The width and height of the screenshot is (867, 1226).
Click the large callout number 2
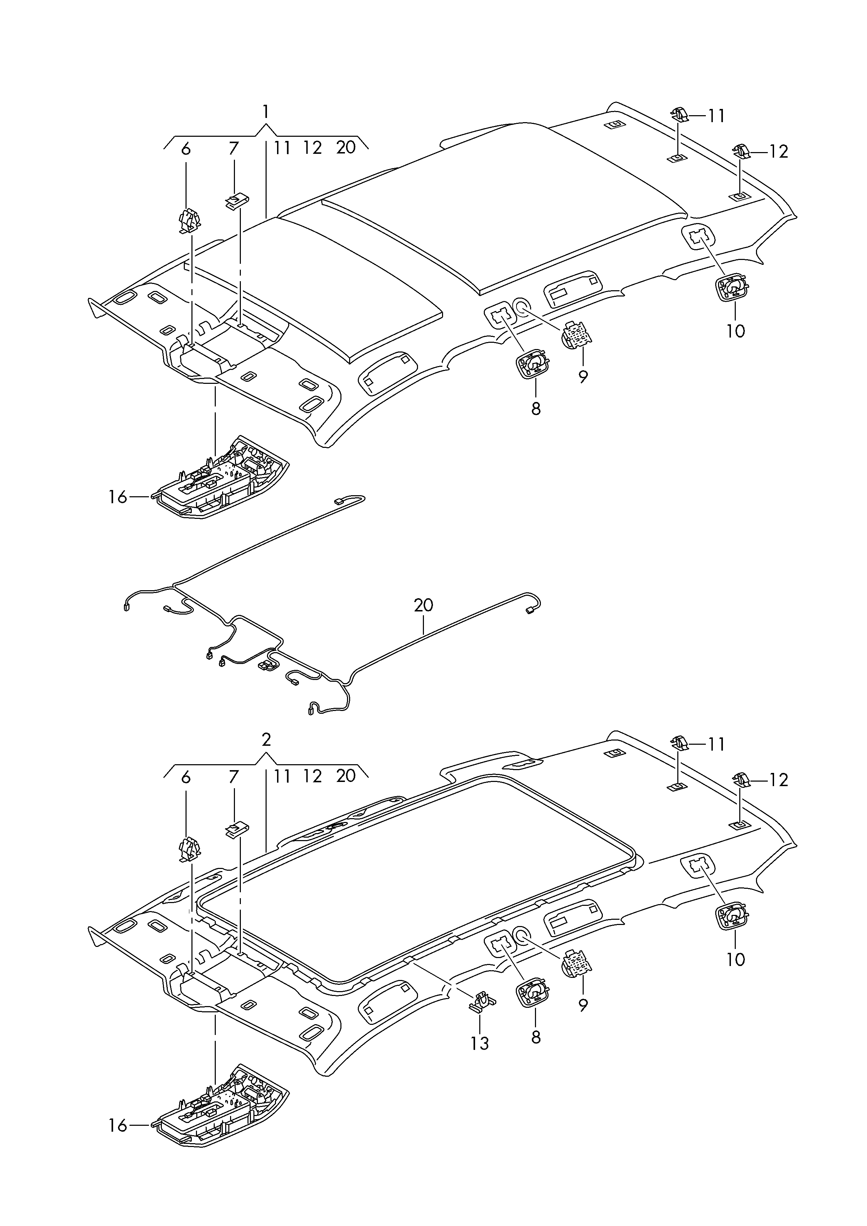point(266,740)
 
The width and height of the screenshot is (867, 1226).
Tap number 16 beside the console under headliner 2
point(118,1126)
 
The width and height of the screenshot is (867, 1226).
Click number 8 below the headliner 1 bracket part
point(536,409)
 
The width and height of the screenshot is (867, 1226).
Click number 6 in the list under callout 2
point(186,777)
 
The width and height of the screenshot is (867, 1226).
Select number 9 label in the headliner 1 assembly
point(583,377)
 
